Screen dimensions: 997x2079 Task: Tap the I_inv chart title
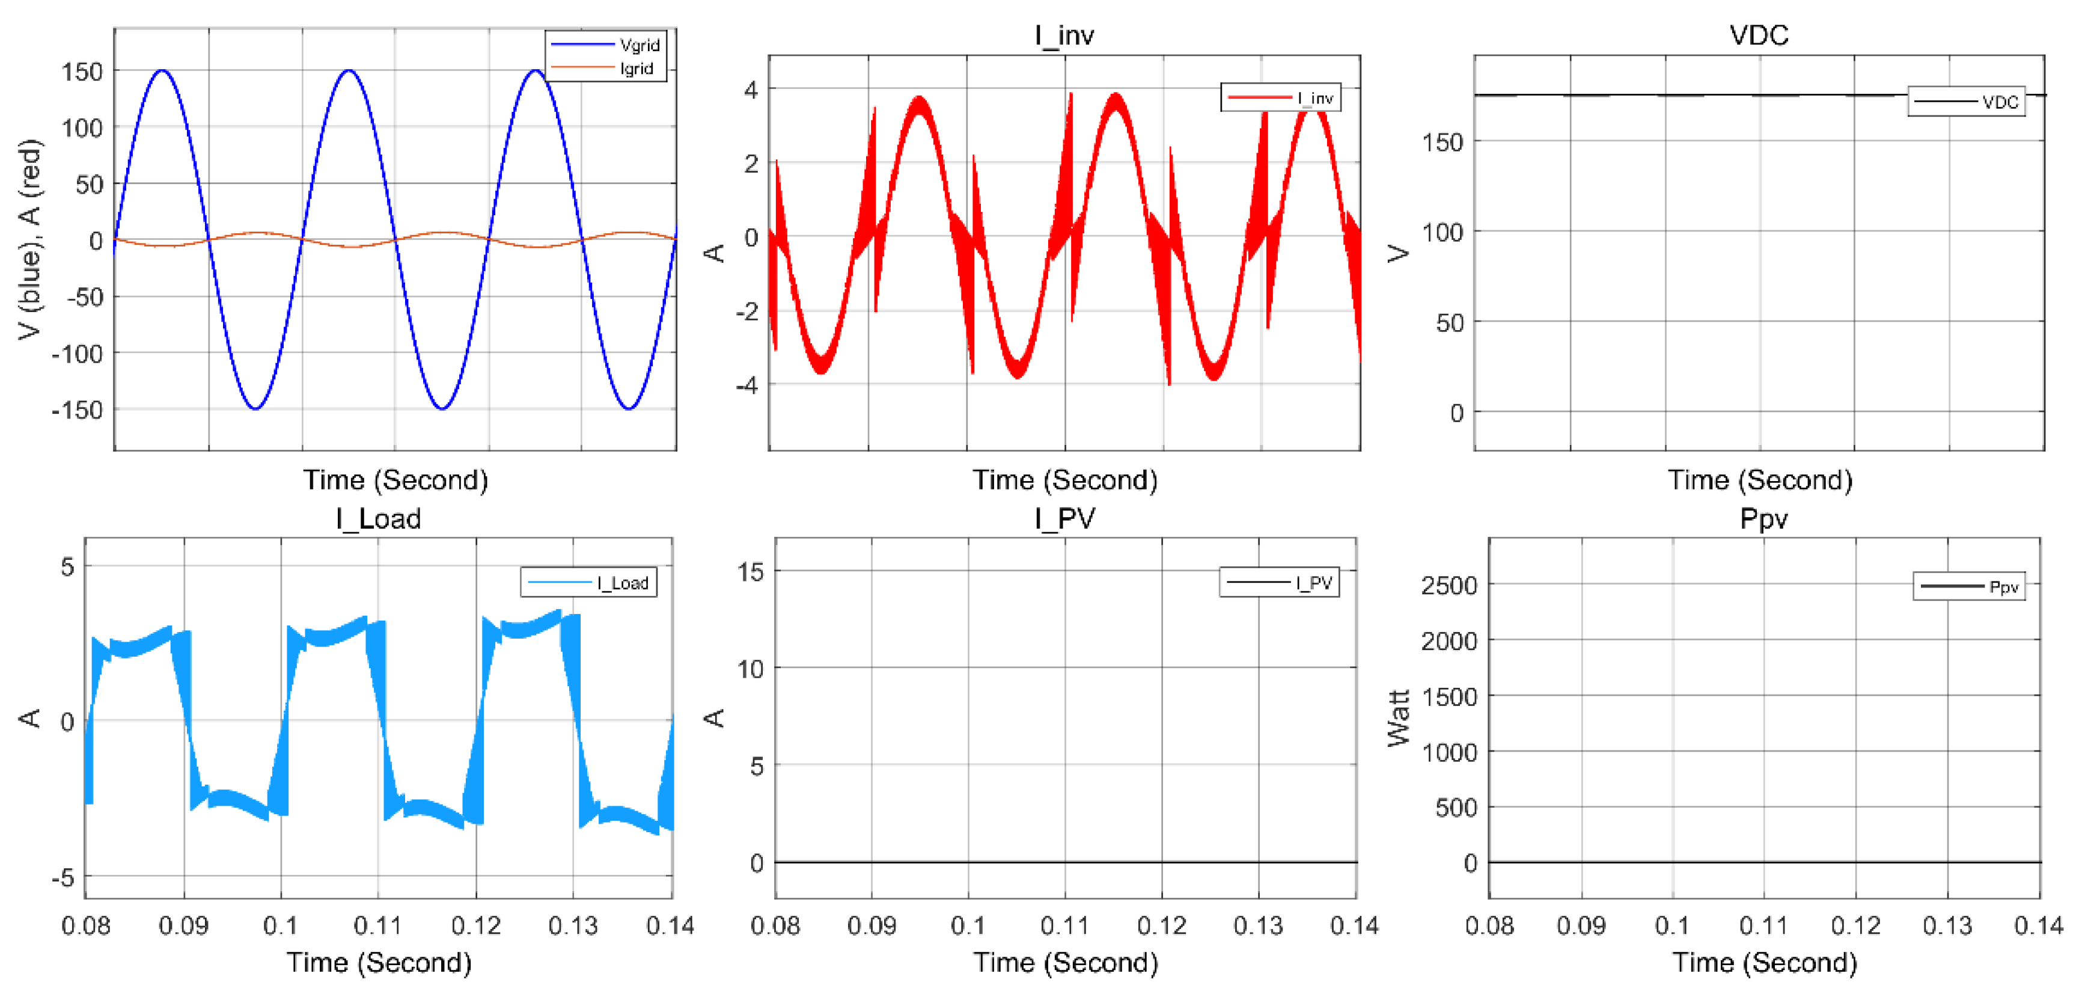tap(1064, 35)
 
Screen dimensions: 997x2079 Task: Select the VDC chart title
tap(1759, 35)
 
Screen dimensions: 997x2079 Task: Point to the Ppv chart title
tap(1763, 518)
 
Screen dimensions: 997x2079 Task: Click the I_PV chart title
tap(1064, 518)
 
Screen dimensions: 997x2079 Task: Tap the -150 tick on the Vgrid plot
tap(78, 410)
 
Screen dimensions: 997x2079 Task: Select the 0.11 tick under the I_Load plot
tap(377, 925)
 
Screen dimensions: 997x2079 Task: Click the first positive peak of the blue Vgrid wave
tap(162, 71)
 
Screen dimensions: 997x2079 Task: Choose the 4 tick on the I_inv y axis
tap(751, 89)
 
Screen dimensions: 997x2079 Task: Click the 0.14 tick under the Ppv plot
tap(2039, 925)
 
